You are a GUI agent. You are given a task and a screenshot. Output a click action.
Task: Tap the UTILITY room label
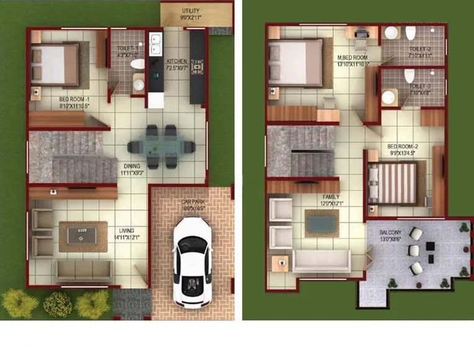191,11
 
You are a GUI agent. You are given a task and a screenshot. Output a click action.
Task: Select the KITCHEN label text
176,61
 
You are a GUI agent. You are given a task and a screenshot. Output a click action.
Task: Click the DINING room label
132,166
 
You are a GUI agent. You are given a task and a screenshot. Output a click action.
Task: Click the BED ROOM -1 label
75,99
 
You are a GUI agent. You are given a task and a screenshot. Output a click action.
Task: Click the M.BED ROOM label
352,57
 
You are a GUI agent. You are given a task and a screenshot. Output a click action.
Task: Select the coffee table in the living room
83,236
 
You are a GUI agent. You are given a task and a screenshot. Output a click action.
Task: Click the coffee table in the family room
322,223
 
